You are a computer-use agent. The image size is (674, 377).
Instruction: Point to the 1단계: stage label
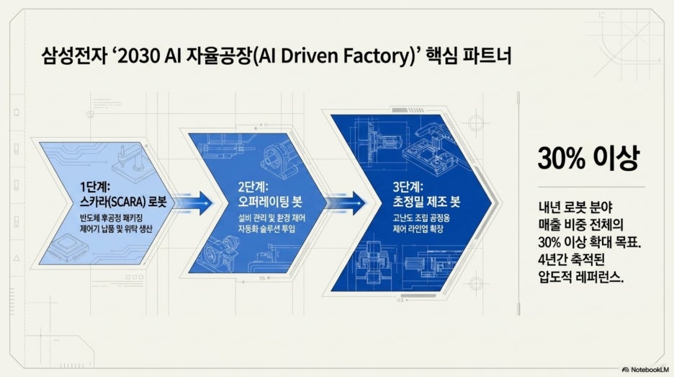tap(95, 187)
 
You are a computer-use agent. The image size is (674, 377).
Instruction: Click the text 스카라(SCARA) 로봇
tap(123, 202)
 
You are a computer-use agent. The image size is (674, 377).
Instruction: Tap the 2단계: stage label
tap(253, 187)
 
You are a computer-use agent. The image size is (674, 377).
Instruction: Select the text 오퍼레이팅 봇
tap(270, 201)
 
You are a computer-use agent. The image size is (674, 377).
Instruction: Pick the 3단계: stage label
tap(408, 187)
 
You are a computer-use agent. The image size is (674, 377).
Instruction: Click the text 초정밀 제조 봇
tap(426, 201)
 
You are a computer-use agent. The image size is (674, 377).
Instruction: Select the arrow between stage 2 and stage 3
tap(346, 203)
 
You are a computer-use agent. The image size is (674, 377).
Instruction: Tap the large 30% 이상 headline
tap(588, 158)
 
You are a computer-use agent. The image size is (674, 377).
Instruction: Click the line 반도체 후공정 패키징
tap(111, 218)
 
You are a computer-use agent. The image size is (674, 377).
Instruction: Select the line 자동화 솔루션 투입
tap(266, 229)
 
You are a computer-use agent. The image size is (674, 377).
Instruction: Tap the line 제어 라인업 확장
tap(418, 229)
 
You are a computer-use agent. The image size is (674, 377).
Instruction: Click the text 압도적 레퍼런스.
tap(580, 277)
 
